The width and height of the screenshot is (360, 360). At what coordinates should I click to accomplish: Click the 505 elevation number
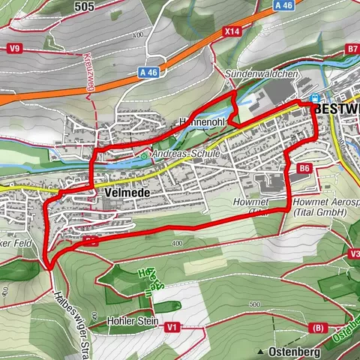point(85,6)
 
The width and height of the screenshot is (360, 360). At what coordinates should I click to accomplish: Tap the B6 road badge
point(304,169)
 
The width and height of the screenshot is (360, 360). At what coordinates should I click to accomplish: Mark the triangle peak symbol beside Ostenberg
point(260,352)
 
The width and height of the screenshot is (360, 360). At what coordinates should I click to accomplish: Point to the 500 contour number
point(256,304)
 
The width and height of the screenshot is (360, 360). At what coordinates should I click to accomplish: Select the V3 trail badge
point(352,253)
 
